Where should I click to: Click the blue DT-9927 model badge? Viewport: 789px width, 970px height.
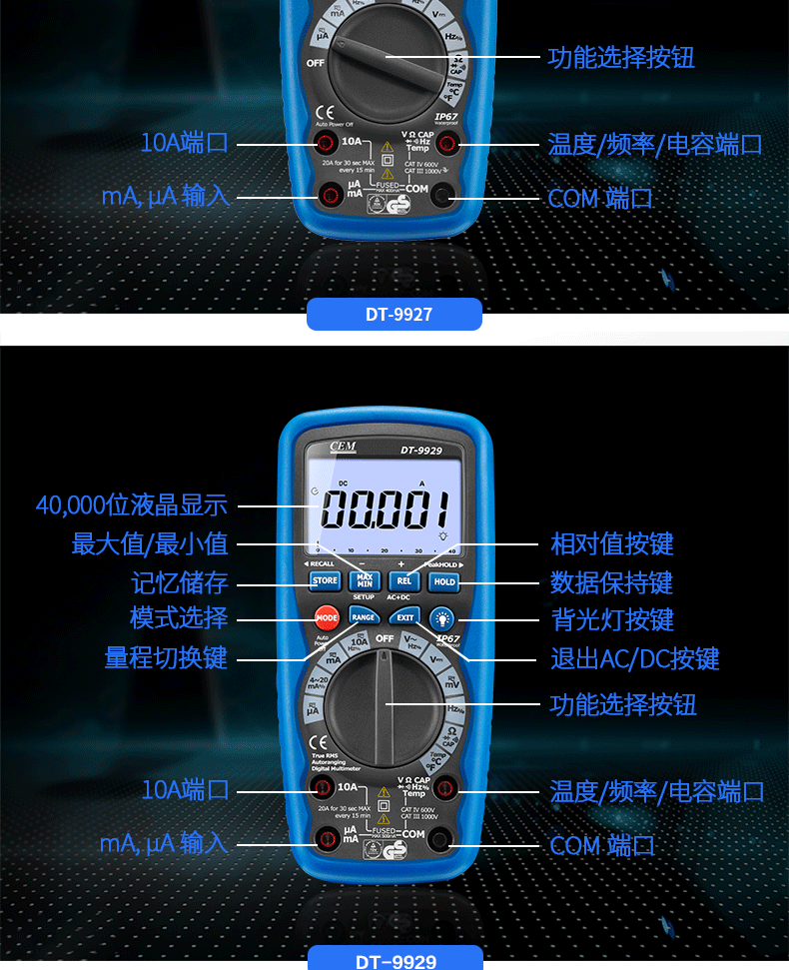[394, 315]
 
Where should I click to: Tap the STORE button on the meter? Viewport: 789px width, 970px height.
[326, 580]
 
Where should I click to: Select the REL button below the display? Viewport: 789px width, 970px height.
[403, 580]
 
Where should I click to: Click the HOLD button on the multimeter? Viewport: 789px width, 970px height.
[444, 580]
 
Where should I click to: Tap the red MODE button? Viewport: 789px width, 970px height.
[327, 618]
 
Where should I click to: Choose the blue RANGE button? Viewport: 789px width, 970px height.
[364, 616]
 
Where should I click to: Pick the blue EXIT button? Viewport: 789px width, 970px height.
[404, 616]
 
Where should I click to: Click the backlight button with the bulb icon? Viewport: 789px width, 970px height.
[442, 618]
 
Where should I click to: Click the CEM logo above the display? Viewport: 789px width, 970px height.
[340, 449]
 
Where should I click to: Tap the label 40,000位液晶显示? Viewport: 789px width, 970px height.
[132, 505]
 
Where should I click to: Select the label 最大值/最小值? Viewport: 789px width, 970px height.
[150, 544]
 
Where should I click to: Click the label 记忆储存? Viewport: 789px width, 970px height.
[180, 582]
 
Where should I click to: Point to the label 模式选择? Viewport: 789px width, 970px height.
[180, 618]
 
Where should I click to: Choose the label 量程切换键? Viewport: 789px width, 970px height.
[166, 657]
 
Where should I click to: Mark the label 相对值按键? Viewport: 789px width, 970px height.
[612, 544]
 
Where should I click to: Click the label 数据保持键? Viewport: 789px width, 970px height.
[612, 582]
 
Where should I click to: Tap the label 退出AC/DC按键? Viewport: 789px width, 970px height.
[635, 659]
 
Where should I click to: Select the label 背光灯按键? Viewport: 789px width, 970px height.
[612, 620]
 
